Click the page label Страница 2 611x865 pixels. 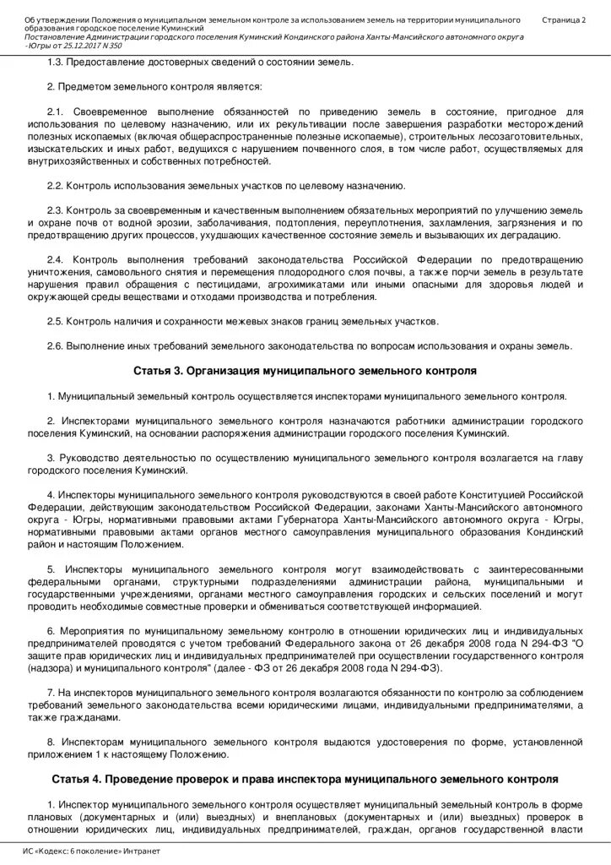pos(565,19)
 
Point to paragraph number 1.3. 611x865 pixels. pos(55,63)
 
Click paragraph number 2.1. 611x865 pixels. pos(55,112)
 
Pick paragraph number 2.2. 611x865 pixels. pos(55,186)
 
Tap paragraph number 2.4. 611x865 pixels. pos(55,259)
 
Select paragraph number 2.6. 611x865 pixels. pos(55,345)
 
